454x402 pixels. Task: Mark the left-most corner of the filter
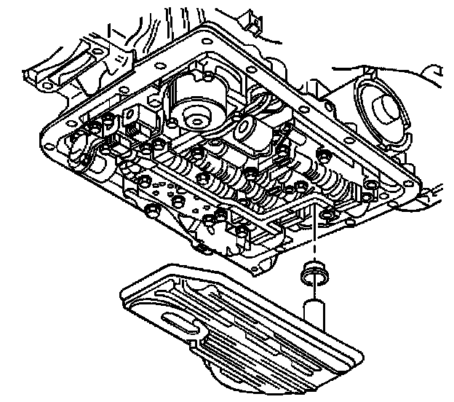tap(122, 292)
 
